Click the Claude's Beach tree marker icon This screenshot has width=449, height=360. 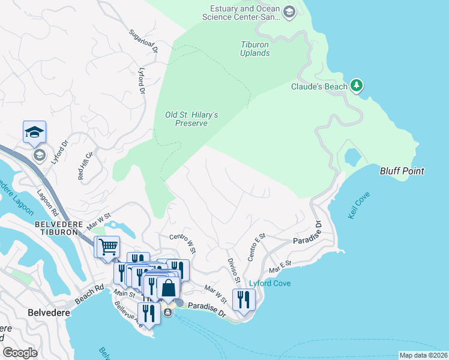tap(357, 86)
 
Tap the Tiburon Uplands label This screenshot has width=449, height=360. tap(255, 49)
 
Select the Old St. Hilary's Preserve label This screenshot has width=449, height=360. tap(191, 119)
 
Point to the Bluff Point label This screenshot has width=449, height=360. tap(402, 171)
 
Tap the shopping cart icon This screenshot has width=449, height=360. tap(108, 246)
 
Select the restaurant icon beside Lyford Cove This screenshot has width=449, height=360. tap(244, 299)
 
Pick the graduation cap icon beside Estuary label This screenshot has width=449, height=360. tap(289, 12)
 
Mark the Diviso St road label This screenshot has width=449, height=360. tap(234, 271)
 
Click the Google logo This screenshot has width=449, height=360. tap(20, 353)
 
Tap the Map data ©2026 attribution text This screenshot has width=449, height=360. tap(423, 355)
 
